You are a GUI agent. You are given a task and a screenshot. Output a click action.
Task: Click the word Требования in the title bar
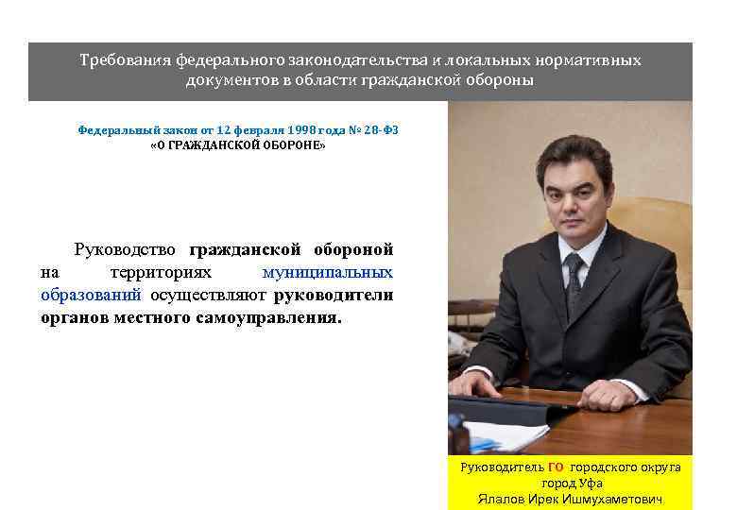point(123,61)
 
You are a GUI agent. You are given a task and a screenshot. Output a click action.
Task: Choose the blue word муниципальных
point(328,273)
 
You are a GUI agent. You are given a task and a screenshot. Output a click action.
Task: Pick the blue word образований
point(91,296)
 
